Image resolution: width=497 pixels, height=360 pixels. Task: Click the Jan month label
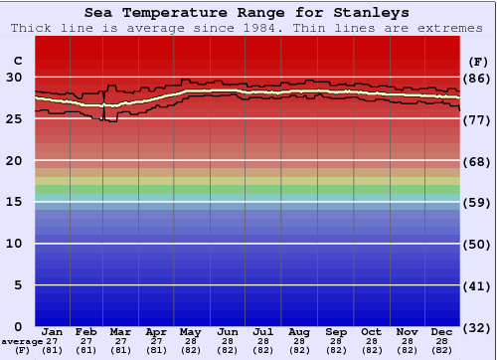53,331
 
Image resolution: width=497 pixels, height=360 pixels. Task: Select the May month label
190,331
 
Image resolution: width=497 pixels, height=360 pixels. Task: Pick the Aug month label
299,331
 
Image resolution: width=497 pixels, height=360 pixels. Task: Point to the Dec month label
442,331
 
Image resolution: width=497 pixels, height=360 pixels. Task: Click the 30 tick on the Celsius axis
15,77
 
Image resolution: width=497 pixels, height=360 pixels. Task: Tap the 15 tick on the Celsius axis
15,202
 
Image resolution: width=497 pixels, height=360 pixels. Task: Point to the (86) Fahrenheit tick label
477,78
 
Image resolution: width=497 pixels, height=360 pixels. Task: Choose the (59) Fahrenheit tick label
477,203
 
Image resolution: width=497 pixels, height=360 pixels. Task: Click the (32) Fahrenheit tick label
477,327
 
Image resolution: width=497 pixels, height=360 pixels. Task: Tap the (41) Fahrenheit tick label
477,286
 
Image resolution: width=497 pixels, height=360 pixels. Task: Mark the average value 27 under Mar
120,341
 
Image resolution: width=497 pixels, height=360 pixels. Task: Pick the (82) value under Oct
371,350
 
